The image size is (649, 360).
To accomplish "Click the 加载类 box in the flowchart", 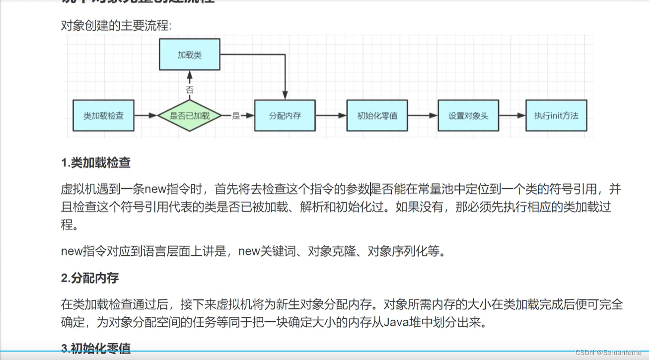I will point(189,55).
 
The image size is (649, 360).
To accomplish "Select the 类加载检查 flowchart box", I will point(103,116).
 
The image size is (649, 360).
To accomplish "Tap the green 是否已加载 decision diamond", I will point(189,116).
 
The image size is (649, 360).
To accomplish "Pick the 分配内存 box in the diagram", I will point(285,116).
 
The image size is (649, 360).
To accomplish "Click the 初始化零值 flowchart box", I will point(377,116).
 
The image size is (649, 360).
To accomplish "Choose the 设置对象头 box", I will point(468,116).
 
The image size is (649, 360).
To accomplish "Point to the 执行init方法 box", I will point(556,116).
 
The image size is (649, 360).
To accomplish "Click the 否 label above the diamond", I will point(189,90).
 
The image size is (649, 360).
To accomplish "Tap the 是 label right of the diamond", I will point(236,116).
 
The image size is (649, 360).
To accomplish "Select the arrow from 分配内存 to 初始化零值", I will point(331,116).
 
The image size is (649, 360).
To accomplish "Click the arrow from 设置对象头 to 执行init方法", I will point(512,116).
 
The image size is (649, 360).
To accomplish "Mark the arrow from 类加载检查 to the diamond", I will point(145,116).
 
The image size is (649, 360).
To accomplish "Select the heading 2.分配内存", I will point(90,278).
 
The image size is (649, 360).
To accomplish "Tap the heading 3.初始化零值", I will point(96,349).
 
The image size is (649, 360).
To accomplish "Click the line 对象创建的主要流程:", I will point(116,25).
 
